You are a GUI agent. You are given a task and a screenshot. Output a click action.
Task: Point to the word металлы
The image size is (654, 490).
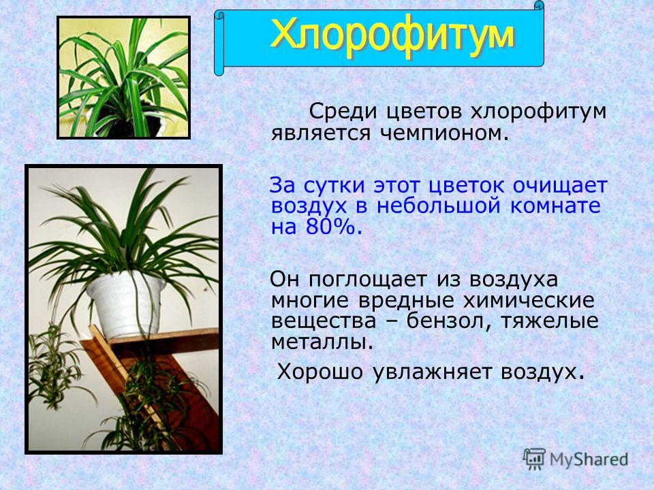tap(321, 342)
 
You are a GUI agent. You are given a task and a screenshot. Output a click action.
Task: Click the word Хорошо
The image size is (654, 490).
tap(320, 371)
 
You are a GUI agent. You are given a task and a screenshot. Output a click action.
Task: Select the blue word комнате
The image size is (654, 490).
tap(555, 206)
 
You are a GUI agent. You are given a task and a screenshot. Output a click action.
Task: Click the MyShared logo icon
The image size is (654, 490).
tap(534, 459)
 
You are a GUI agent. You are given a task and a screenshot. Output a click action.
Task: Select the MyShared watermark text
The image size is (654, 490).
tap(589, 459)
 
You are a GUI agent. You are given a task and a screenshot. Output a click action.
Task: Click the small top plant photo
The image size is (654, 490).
tap(123, 78)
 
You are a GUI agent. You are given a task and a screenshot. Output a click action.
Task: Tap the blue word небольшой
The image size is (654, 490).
tap(439, 206)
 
